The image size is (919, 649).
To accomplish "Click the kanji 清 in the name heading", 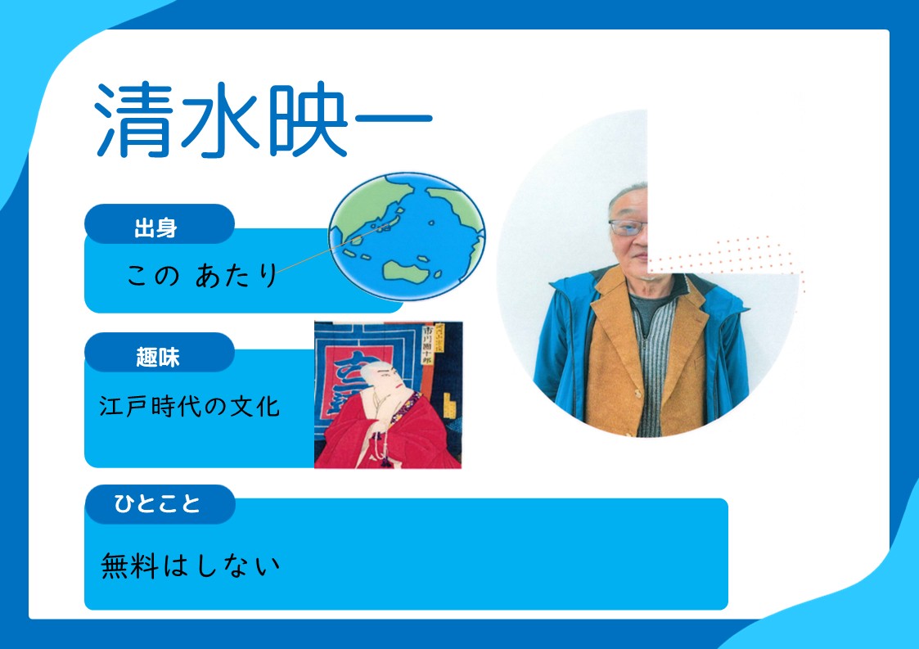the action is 133,120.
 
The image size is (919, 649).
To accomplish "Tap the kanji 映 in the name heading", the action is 309,120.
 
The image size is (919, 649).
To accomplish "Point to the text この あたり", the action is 202,274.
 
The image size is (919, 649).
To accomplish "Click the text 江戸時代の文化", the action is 189,406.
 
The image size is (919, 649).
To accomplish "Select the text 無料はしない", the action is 191,566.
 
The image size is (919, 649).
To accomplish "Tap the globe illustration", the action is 407,237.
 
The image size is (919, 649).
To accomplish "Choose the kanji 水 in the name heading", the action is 221,120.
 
